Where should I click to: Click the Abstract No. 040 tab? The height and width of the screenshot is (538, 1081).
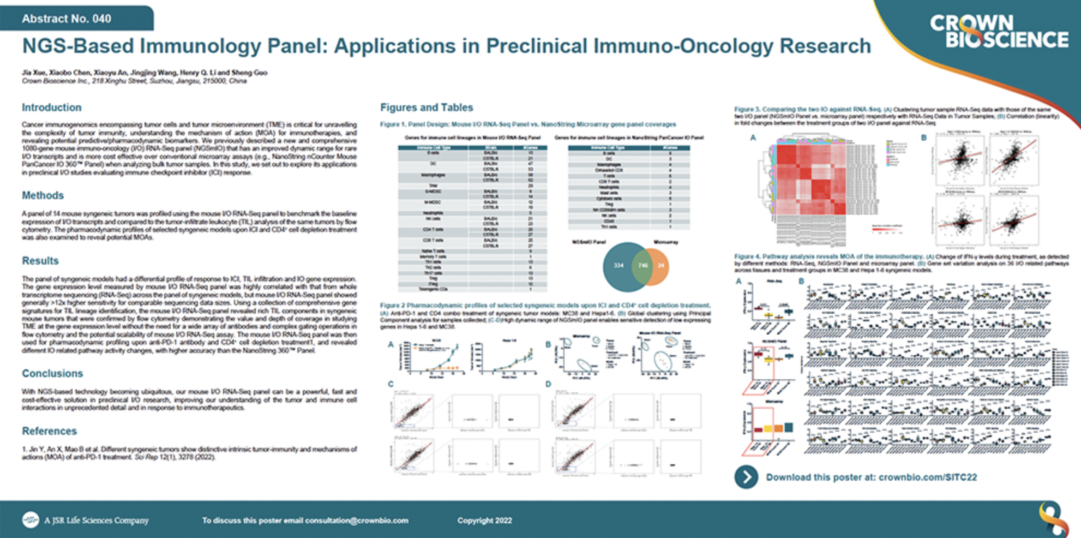pyautogui.click(x=67, y=19)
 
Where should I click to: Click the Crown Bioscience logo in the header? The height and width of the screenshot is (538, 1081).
pyautogui.click(x=998, y=32)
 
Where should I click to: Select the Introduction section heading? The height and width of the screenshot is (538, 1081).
pyautogui.click(x=51, y=107)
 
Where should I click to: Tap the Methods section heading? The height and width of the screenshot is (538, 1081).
pyautogui.click(x=43, y=195)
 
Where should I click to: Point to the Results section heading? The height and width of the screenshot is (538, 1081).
pyautogui.click(x=40, y=261)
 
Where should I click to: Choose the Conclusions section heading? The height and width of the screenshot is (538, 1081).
pyautogui.click(x=52, y=374)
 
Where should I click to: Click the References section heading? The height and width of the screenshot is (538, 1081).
pyautogui.click(x=49, y=431)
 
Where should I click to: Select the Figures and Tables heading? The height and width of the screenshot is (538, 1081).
pyautogui.click(x=427, y=107)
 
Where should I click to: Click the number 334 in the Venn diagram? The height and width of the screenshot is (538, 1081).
pyautogui.click(x=618, y=266)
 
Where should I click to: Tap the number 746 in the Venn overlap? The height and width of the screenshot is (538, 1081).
pyautogui.click(x=643, y=266)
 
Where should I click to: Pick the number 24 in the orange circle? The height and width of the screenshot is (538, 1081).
pyautogui.click(x=660, y=266)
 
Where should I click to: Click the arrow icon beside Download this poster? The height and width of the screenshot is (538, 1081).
pyautogui.click(x=746, y=477)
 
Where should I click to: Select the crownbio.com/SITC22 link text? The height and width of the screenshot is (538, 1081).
pyautogui.click(x=927, y=477)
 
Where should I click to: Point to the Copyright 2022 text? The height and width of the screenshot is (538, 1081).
pyautogui.click(x=484, y=521)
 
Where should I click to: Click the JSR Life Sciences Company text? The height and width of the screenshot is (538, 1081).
pyautogui.click(x=96, y=521)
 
